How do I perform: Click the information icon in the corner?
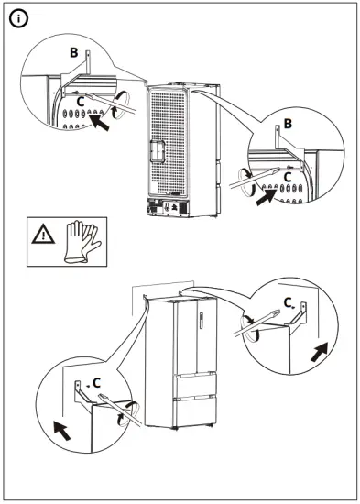pyautogui.click(x=18, y=19)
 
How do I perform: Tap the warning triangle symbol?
pyautogui.click(x=43, y=235)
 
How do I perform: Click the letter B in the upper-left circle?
pyautogui.click(x=74, y=52)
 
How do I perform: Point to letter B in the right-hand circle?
pyautogui.click(x=288, y=124)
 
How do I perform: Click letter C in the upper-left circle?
pyautogui.click(x=81, y=103)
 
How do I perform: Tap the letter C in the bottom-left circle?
pyautogui.click(x=96, y=383)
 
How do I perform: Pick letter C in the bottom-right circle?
pyautogui.click(x=288, y=302)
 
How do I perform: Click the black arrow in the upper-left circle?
pyautogui.click(x=99, y=123)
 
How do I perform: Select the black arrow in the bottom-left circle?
pyautogui.click(x=62, y=432)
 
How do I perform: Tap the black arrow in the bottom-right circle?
pyautogui.click(x=320, y=352)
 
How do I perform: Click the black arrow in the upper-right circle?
pyautogui.click(x=267, y=198)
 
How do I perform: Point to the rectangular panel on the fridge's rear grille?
pyautogui.click(x=157, y=151)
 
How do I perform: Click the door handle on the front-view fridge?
pyautogui.click(x=201, y=320)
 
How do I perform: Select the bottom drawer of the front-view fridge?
pyautogui.click(x=195, y=411)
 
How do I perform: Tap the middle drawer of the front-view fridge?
pyautogui.click(x=195, y=385)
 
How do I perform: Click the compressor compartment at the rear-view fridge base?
pyautogui.click(x=167, y=207)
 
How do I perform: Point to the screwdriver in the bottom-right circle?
pyautogui.click(x=255, y=323)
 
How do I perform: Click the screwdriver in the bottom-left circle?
pyautogui.click(x=120, y=410)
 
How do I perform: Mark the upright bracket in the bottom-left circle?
pyautogui.click(x=77, y=390)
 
